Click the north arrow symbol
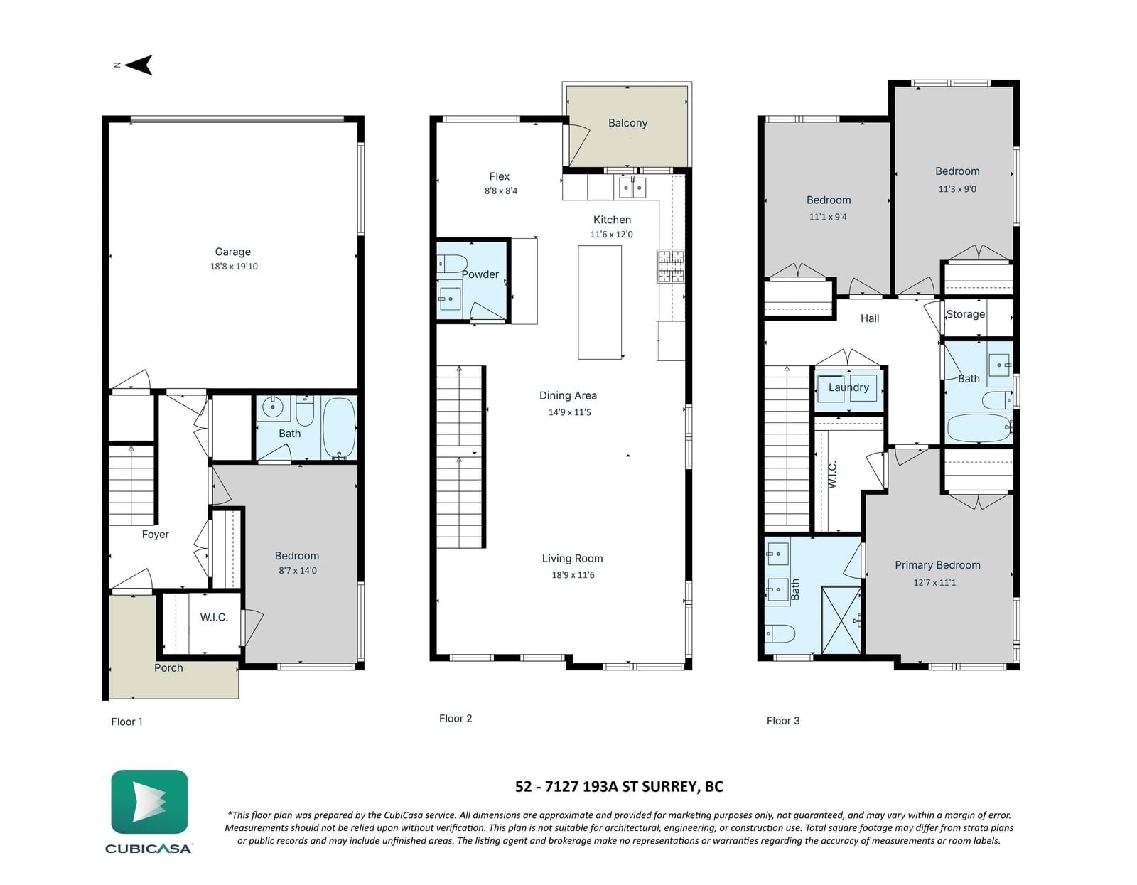coord(139,65)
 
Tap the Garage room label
coord(233,252)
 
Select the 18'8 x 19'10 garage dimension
coord(234,267)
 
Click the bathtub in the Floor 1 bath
coord(340,428)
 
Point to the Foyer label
coord(156,535)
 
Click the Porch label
coord(168,668)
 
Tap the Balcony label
coord(628,123)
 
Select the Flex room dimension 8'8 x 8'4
coord(501,191)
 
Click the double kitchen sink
coord(632,188)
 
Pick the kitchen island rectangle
coord(600,303)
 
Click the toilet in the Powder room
coord(451,263)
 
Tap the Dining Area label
coord(568,396)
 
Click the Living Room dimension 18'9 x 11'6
coord(573,575)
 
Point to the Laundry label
coord(848,387)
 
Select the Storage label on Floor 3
coord(965,314)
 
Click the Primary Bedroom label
coord(937,565)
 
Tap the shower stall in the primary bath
coord(841,621)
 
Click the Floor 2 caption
coord(456,719)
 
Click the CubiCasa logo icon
coord(149,802)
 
